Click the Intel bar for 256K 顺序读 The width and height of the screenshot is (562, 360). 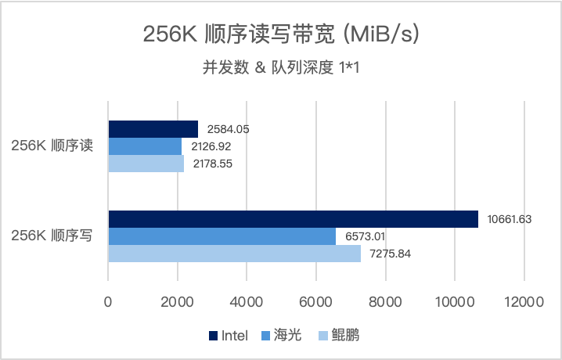click(x=153, y=129)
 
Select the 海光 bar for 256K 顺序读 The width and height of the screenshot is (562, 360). click(x=145, y=146)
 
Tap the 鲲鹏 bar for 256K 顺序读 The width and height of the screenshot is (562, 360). click(x=146, y=164)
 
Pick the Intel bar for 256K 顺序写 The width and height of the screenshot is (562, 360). click(x=293, y=219)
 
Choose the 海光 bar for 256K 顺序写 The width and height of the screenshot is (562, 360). click(x=222, y=236)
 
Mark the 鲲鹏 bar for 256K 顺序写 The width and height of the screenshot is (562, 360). click(x=234, y=254)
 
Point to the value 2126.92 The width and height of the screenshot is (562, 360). click(x=209, y=146)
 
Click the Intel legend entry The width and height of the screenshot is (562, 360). click(x=228, y=336)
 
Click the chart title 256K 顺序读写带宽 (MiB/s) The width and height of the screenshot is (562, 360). click(x=281, y=34)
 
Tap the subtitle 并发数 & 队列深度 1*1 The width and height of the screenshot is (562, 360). click(x=281, y=67)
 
